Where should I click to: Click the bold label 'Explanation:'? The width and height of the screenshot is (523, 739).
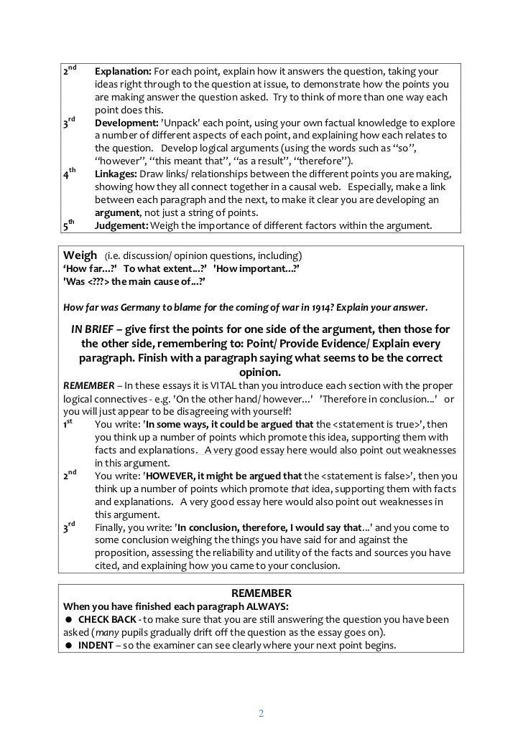tap(123, 72)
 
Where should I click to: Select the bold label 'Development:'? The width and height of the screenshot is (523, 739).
tap(126, 123)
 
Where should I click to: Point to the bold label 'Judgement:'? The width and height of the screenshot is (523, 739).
tap(121, 227)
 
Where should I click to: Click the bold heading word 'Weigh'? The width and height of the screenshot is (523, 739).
tap(80, 255)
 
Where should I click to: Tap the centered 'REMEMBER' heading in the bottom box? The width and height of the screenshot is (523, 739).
tap(261, 593)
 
